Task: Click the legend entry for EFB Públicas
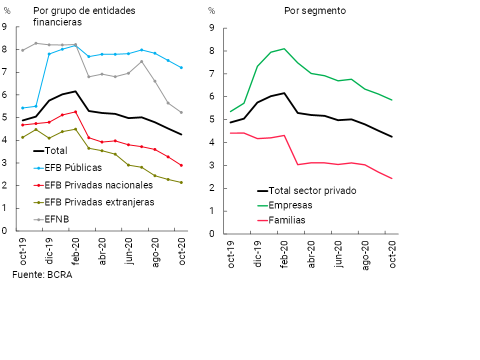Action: click(x=73, y=167)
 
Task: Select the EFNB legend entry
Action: click(x=57, y=219)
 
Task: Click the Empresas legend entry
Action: click(x=290, y=205)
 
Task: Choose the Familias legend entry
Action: click(x=287, y=220)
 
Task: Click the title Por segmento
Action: click(x=315, y=11)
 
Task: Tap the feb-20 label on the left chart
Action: click(x=76, y=252)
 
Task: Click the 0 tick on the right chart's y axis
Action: click(x=211, y=234)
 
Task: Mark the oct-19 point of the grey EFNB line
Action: click(x=22, y=50)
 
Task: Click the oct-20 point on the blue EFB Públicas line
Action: click(x=181, y=67)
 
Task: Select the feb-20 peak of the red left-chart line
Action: click(x=75, y=111)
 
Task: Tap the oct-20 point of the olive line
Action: click(x=181, y=182)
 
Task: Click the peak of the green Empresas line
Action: click(x=284, y=48)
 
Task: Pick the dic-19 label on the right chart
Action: click(x=258, y=254)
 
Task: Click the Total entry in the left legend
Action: click(x=55, y=150)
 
